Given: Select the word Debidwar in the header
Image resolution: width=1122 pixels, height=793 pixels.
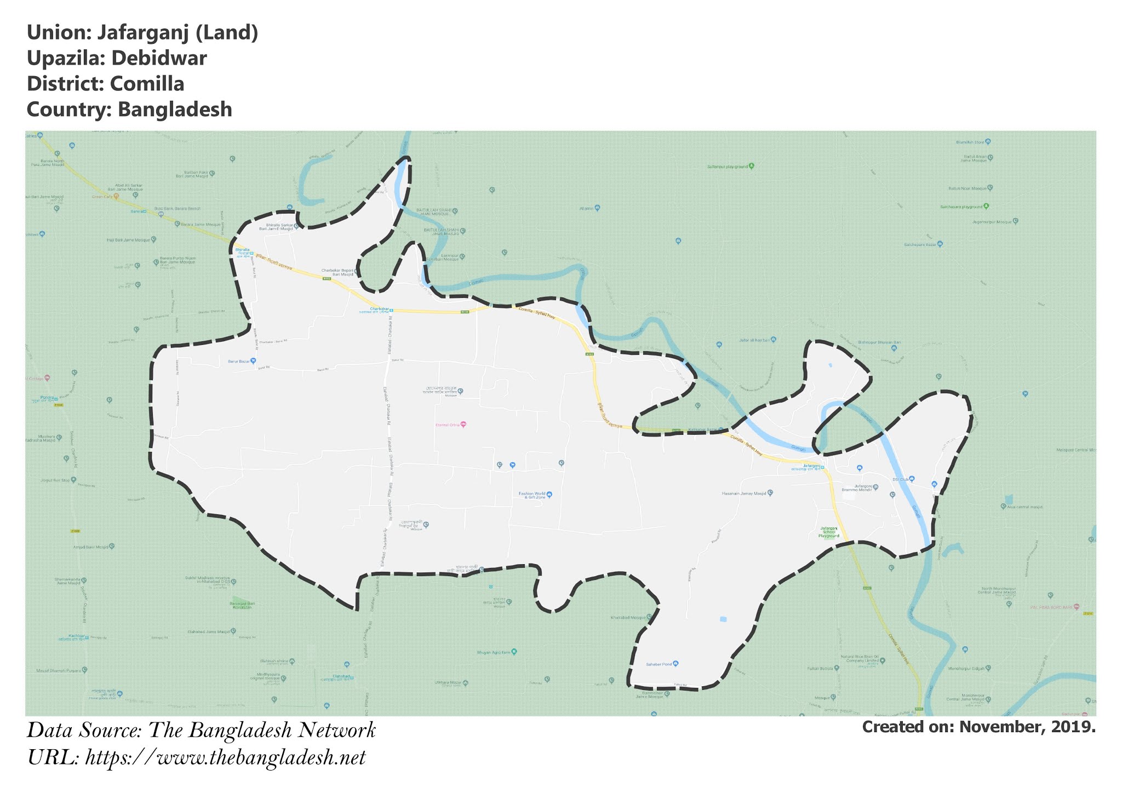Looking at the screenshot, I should click(x=163, y=59).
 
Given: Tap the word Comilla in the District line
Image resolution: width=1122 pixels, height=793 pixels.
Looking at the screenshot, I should click(x=147, y=84).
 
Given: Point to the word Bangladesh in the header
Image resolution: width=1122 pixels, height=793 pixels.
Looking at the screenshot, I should click(x=175, y=110).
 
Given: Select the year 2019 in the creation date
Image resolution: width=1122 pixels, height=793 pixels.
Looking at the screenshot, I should click(x=1073, y=727).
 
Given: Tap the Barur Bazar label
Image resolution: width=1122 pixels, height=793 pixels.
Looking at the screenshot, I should click(x=239, y=361).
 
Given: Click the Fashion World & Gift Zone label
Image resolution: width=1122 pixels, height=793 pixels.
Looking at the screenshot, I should click(x=532, y=495).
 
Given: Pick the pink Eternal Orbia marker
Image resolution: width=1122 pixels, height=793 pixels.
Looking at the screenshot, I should click(x=463, y=424).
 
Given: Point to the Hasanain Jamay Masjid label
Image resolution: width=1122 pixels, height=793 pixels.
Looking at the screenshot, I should click(x=743, y=493).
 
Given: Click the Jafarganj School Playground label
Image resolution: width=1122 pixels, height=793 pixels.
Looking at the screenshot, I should click(x=828, y=532).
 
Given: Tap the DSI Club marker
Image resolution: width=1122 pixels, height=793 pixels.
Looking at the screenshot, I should click(x=912, y=479).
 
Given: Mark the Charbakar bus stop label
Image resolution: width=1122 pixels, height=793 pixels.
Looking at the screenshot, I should click(x=379, y=309).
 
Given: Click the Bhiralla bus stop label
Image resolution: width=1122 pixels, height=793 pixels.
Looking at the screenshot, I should click(x=242, y=250).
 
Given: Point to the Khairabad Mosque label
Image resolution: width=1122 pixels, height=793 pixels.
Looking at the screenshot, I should click(x=628, y=618).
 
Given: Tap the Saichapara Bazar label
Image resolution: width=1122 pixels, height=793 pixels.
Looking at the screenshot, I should click(x=920, y=244).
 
